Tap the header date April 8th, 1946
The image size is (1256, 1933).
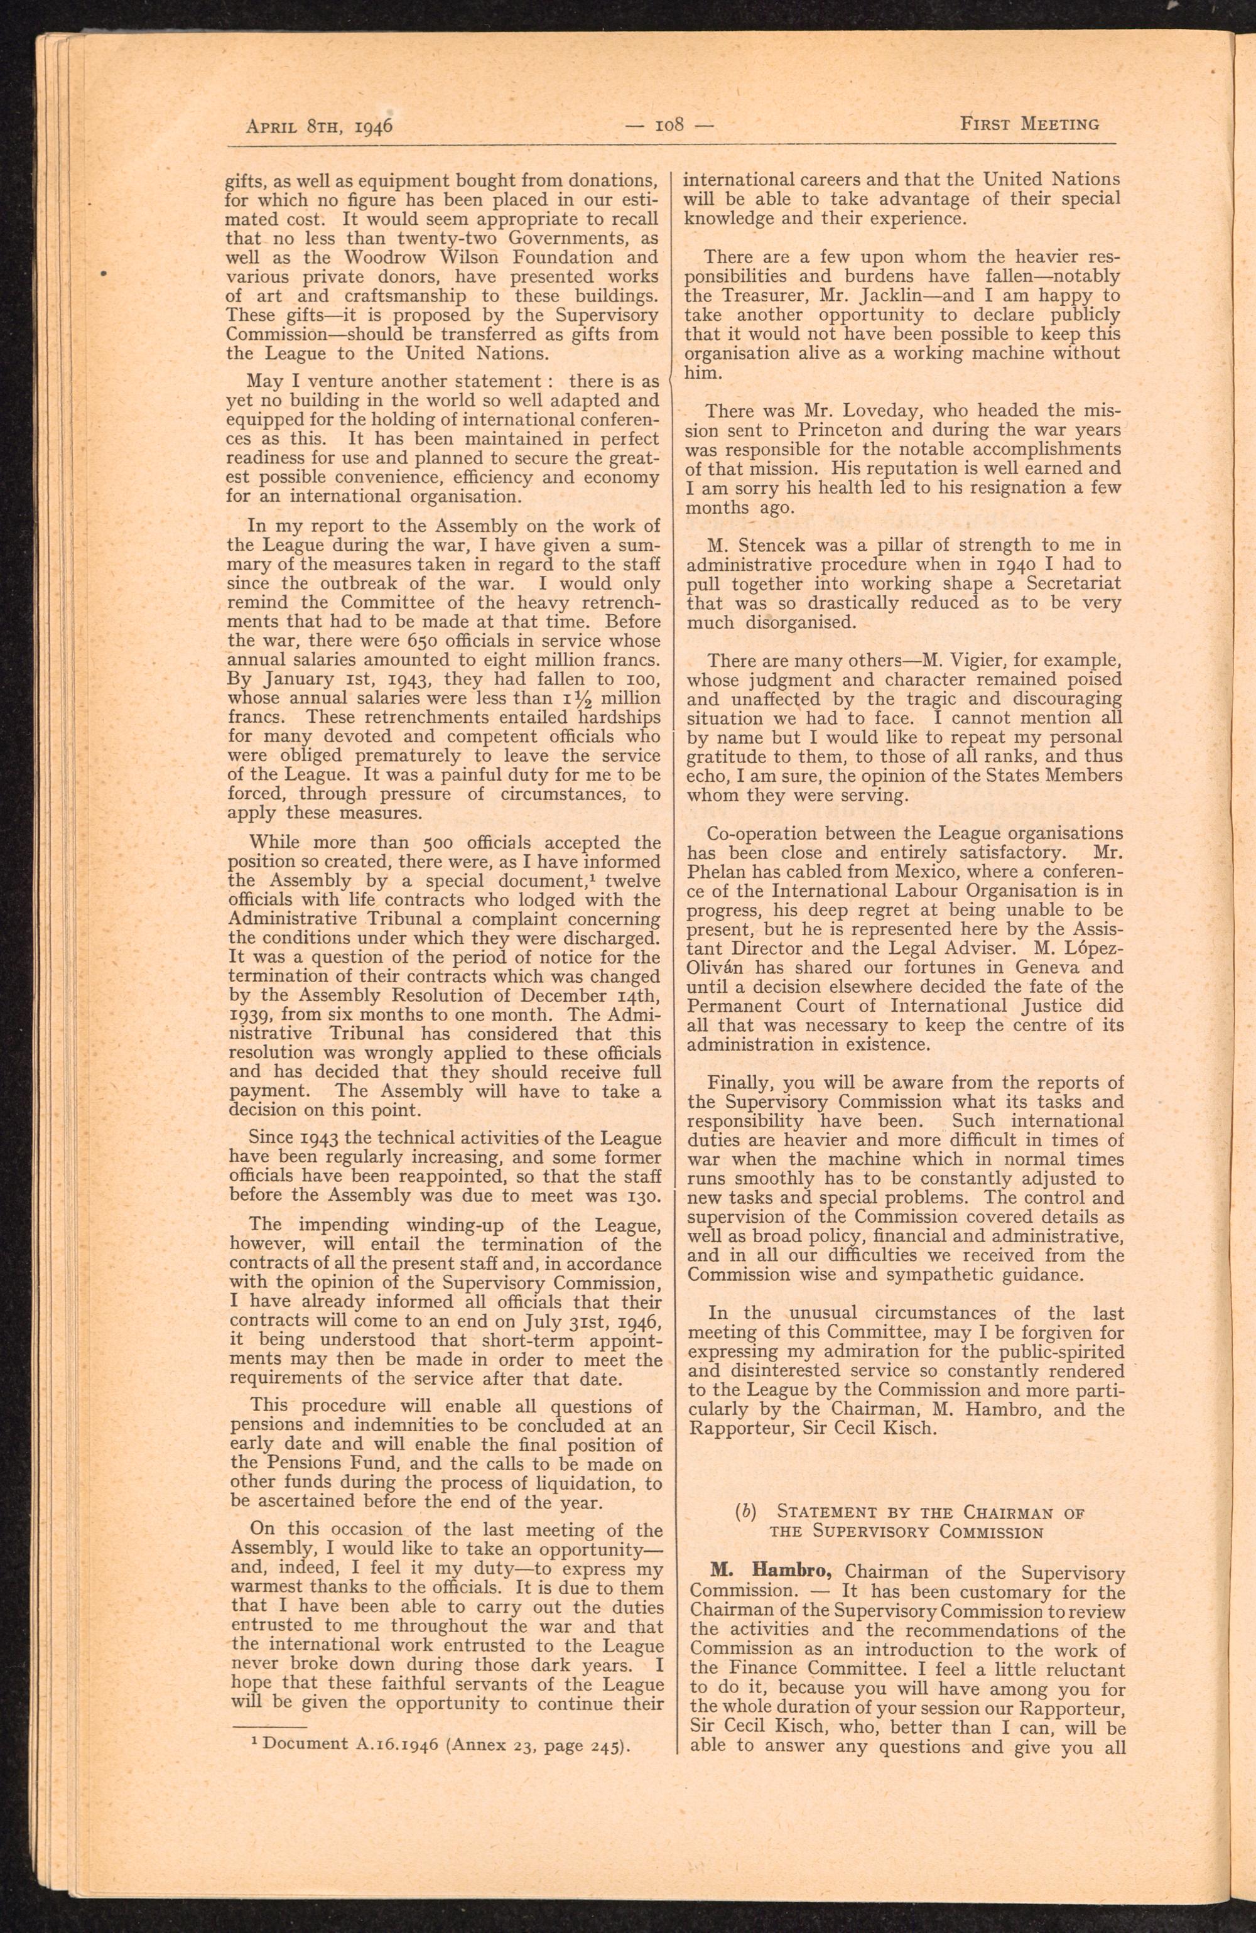click(319, 126)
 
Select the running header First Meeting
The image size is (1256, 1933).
click(1029, 124)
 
